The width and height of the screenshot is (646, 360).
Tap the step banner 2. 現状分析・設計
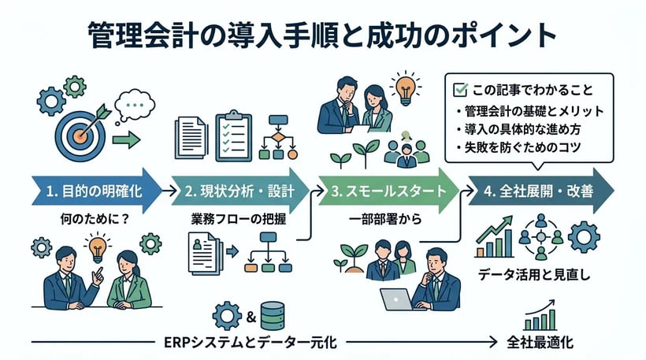(x=239, y=190)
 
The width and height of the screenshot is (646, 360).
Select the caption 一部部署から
(x=383, y=220)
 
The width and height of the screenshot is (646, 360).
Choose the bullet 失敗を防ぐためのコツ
(x=522, y=147)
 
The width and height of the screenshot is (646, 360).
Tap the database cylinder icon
(x=273, y=316)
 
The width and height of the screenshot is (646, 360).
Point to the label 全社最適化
(x=540, y=343)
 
